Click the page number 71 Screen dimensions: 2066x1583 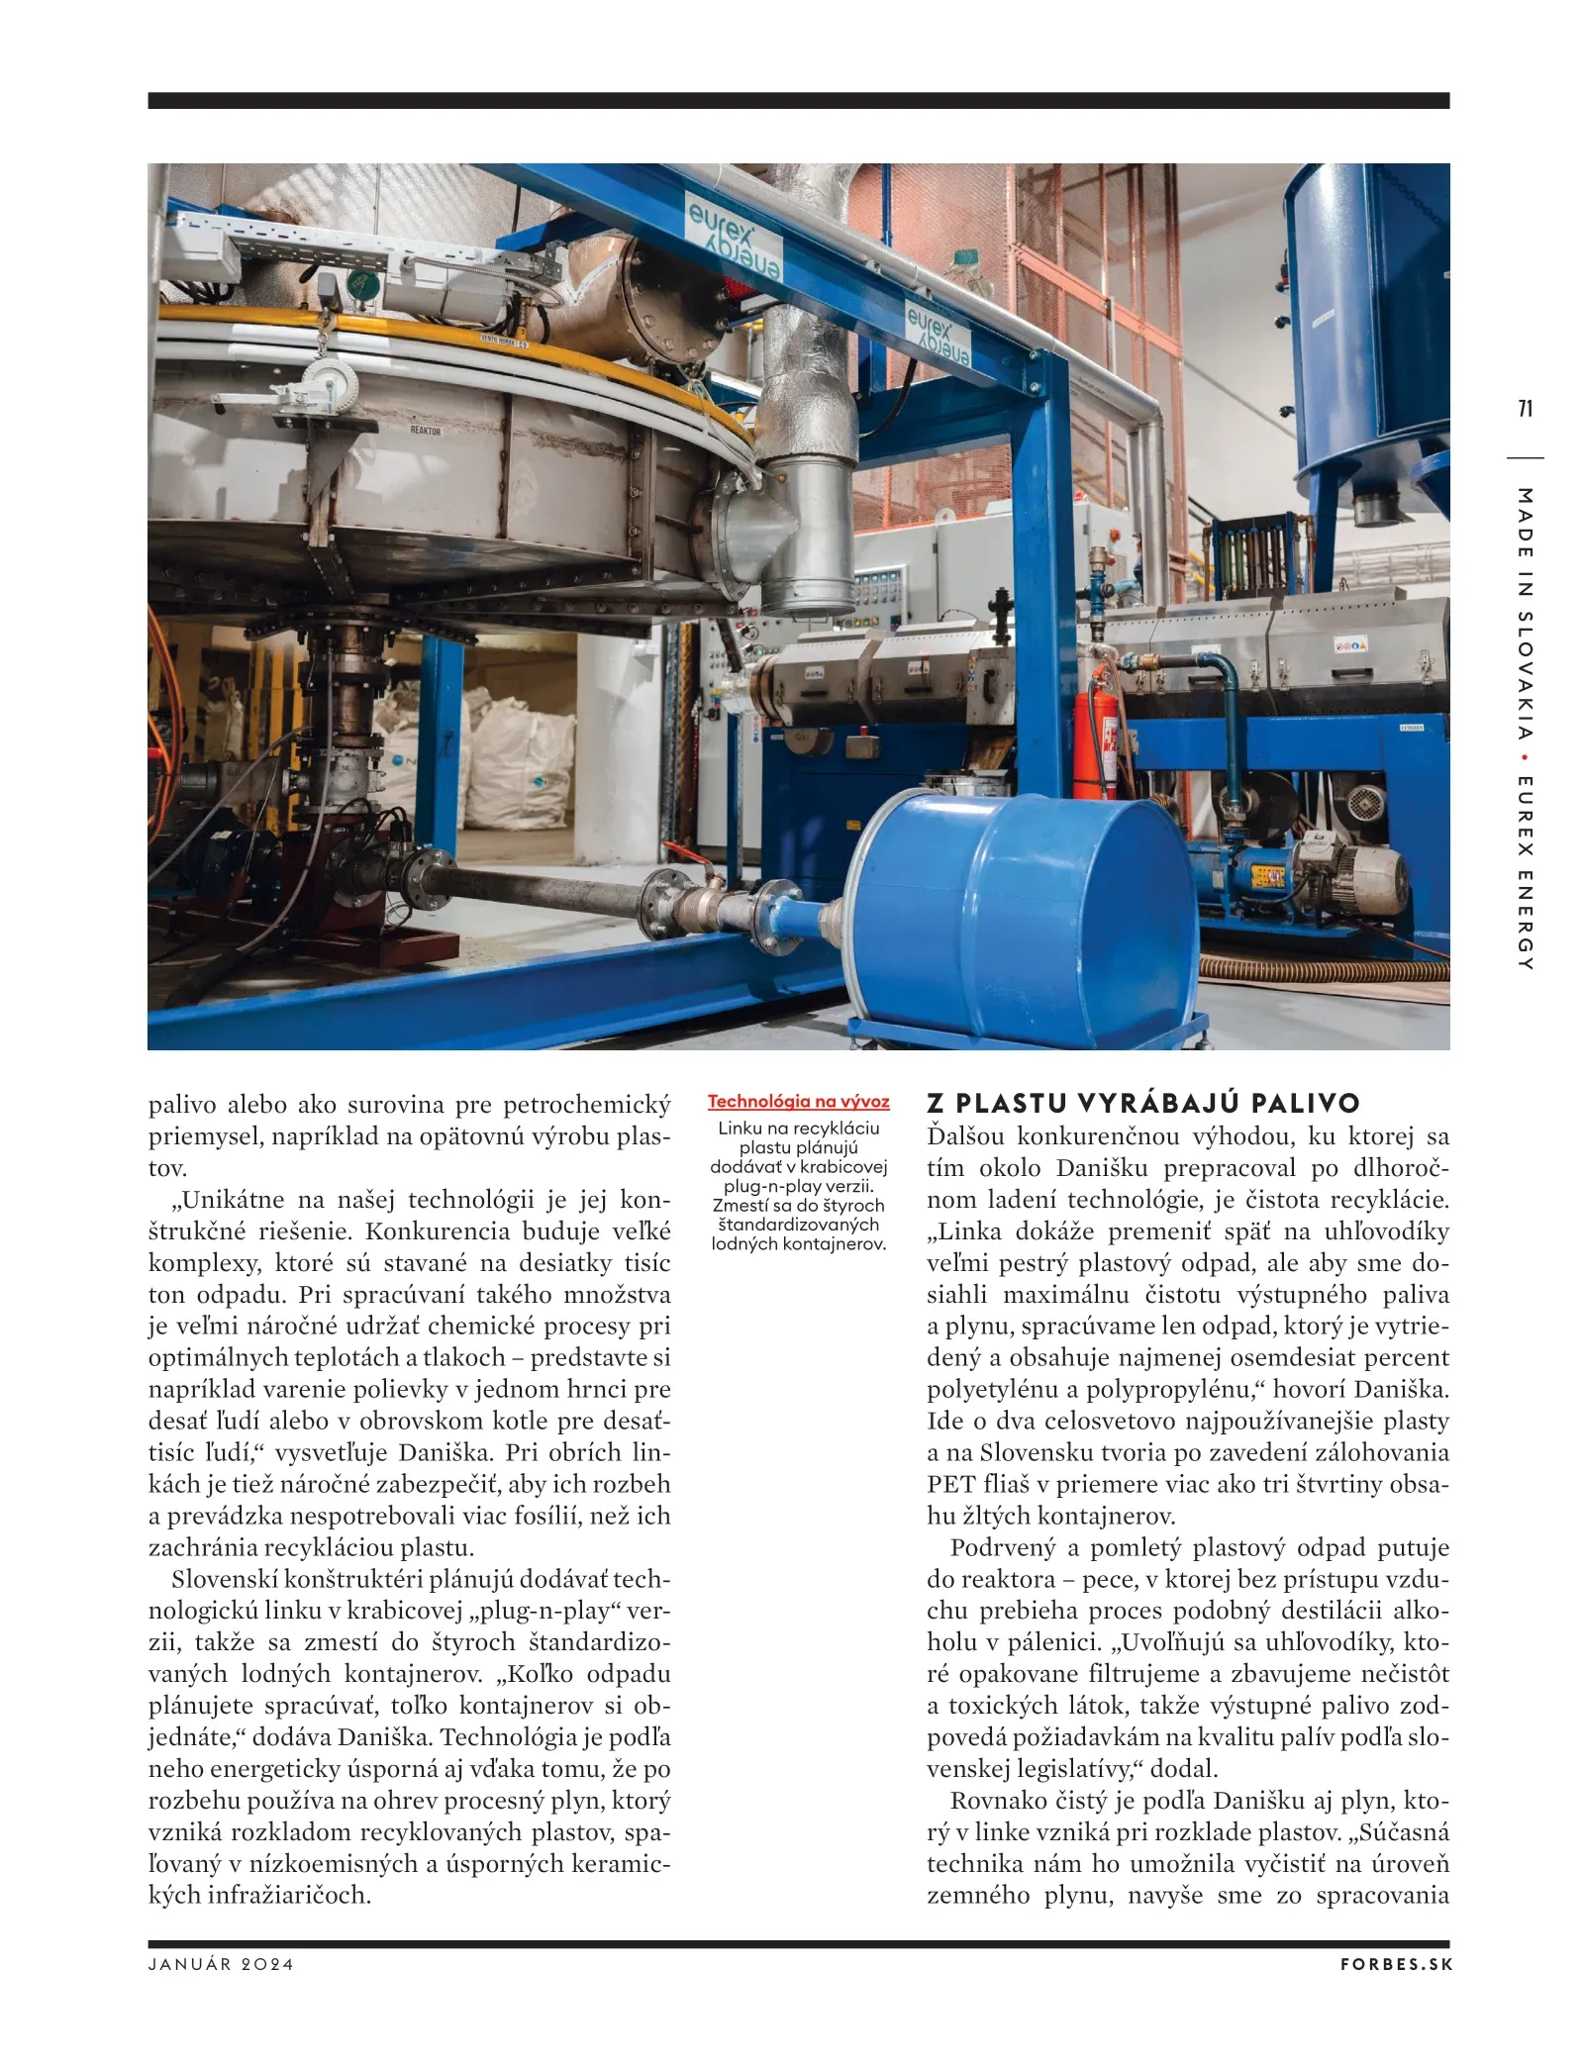1525,408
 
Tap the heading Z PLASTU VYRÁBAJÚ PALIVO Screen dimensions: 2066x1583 1143,1104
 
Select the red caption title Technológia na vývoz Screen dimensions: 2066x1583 798,1102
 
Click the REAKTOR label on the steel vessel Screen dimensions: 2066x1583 426,431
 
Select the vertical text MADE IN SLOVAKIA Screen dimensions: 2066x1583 1525,614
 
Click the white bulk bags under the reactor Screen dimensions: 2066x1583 515,752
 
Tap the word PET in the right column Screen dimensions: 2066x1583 950,1485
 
